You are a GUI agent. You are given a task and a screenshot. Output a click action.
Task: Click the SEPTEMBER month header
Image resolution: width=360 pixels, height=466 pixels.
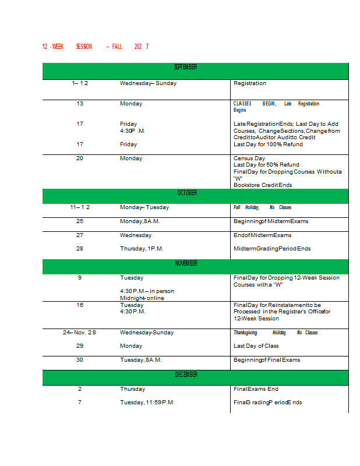(186, 68)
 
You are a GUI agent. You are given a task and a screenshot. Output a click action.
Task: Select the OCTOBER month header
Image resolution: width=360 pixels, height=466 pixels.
(187, 193)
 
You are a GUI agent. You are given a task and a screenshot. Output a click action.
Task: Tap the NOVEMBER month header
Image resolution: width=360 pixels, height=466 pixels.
(186, 264)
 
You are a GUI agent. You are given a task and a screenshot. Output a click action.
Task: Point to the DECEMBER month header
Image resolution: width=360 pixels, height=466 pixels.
(186, 375)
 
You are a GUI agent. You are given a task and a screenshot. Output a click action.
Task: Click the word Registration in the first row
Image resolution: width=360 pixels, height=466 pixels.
(249, 83)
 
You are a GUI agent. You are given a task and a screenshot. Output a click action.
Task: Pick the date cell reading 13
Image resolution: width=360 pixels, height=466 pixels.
(80, 104)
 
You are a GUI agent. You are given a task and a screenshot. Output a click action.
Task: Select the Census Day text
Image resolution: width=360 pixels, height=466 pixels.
(249, 158)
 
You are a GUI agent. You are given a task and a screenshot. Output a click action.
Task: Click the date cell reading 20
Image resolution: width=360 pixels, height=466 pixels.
(80, 158)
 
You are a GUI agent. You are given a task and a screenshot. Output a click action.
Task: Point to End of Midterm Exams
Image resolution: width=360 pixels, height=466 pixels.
(262, 235)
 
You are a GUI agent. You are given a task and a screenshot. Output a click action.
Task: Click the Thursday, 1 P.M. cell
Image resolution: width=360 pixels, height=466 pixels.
(142, 249)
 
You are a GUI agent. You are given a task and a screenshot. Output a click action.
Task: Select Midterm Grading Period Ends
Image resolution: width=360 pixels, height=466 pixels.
(272, 249)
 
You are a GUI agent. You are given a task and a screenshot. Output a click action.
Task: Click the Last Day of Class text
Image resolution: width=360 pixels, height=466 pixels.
(256, 346)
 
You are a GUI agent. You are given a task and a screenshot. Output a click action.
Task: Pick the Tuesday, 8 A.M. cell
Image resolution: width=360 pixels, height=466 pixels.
(140, 360)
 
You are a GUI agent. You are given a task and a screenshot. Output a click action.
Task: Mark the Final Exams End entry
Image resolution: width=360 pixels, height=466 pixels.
(256, 389)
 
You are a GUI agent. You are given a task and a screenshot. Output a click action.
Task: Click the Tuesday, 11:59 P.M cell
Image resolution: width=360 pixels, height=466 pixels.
(146, 403)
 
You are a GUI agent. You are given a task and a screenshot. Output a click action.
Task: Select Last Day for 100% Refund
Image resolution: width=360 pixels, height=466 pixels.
(268, 144)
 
